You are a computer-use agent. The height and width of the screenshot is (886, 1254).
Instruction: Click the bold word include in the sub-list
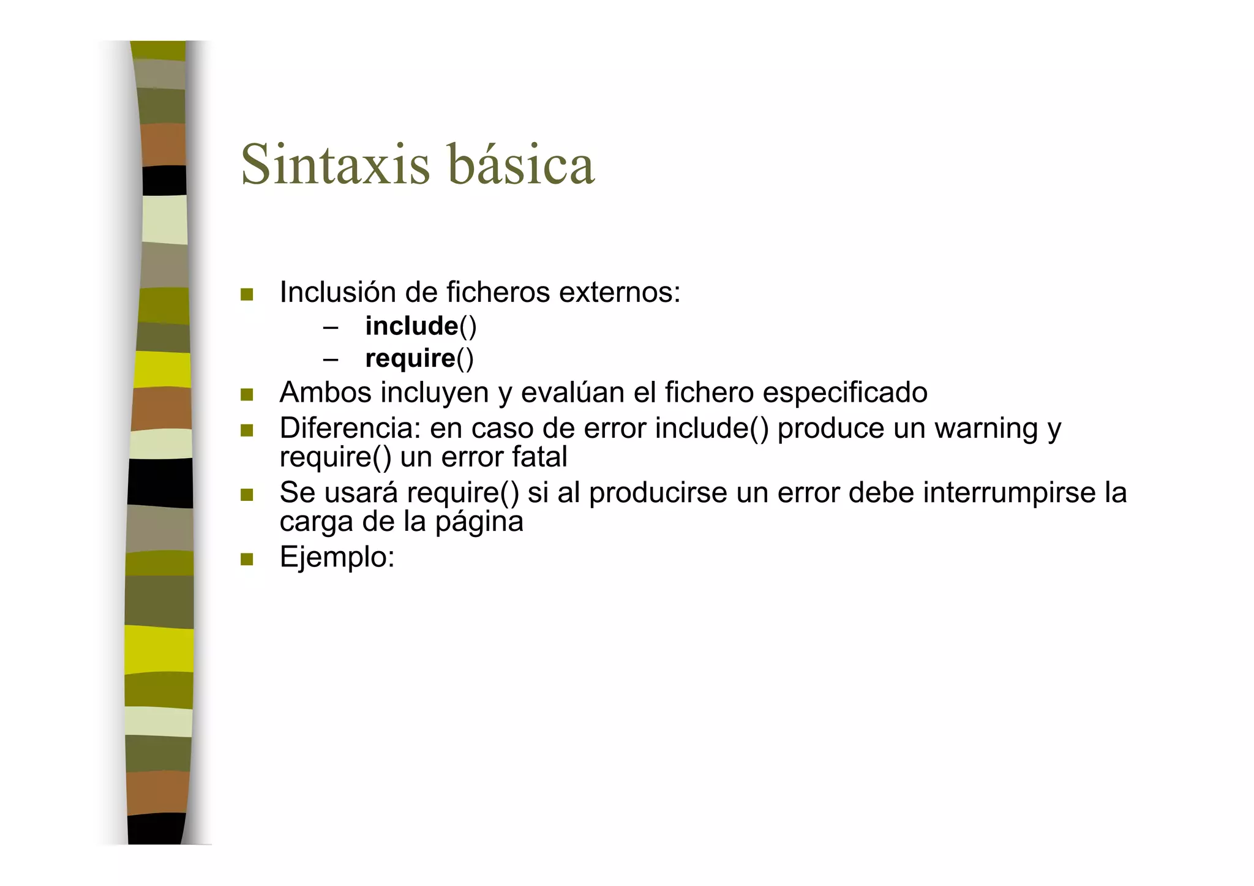[x=411, y=326]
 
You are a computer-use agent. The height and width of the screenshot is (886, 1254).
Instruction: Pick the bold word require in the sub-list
[x=410, y=358]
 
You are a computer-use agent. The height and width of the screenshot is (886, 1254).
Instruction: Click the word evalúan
[x=573, y=392]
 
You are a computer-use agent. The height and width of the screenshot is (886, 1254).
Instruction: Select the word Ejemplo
[x=336, y=558]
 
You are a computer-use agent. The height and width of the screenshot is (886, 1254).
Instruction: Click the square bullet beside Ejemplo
[x=247, y=559]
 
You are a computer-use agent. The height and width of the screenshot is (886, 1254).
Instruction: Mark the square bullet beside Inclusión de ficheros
[x=247, y=295]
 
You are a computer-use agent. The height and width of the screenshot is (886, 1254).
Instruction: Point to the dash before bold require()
[x=331, y=359]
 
